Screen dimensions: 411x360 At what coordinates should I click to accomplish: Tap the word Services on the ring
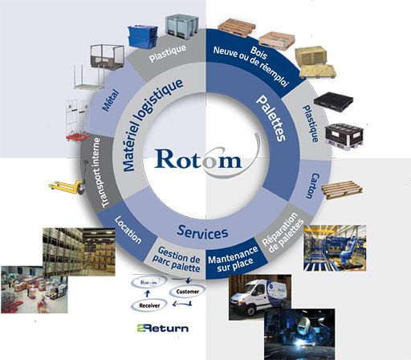coord(202,232)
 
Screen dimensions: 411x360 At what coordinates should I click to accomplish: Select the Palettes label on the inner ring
coord(271,118)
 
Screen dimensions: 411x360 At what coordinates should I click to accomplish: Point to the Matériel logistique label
coord(152,124)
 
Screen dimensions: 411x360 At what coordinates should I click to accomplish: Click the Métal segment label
coord(111,100)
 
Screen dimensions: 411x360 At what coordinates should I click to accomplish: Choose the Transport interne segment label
coord(98,173)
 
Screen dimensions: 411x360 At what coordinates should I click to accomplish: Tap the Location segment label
coord(128,230)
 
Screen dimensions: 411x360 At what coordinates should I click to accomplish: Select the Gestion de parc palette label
coord(177,260)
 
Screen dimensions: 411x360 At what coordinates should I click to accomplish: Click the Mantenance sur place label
coord(233,260)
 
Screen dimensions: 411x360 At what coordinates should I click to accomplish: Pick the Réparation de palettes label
coord(283,233)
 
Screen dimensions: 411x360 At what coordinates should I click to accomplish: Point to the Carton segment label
coord(312,186)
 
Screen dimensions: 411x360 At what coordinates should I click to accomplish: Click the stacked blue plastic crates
coord(143,37)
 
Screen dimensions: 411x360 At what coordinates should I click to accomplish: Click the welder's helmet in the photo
coord(305,325)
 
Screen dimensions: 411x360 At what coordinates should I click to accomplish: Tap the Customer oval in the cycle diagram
coord(188,291)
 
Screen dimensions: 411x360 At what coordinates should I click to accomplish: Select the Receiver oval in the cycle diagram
coord(149,305)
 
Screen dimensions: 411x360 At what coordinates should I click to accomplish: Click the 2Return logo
coord(163,328)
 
